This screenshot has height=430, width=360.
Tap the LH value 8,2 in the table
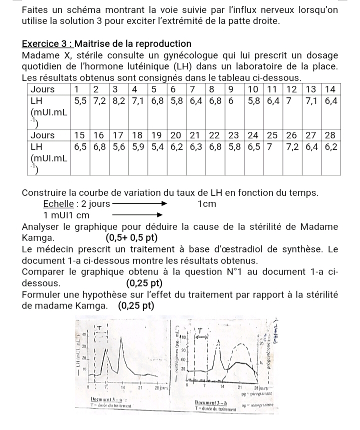[x=118, y=101]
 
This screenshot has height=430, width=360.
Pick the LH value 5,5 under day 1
[x=80, y=101]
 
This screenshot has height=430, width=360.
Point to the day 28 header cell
[x=330, y=135]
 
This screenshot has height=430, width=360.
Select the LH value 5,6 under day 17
[x=118, y=147]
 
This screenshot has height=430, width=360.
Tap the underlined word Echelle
[x=58, y=204]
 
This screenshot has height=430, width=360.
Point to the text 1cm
[x=206, y=204]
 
